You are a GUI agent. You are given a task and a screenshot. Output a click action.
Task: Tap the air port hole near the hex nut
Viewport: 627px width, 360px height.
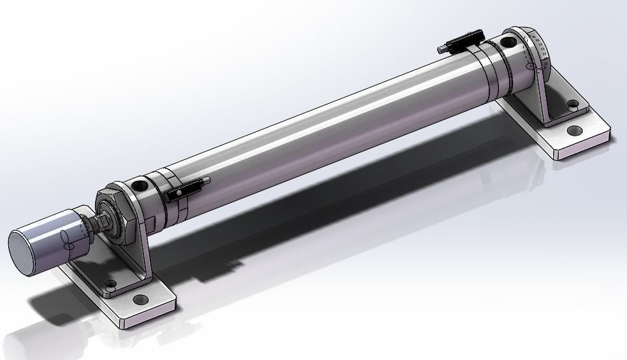click(140, 187)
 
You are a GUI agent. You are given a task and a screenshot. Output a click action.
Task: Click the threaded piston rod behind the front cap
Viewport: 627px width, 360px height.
click(99, 224)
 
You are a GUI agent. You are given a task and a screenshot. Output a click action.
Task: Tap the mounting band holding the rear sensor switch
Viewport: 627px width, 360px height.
click(484, 64)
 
